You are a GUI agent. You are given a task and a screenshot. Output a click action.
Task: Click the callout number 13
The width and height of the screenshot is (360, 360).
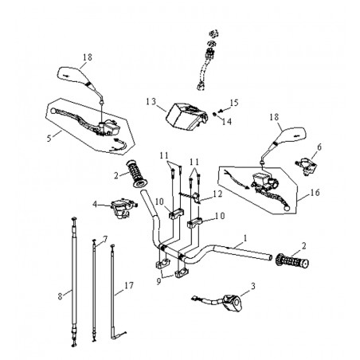pos(151,102)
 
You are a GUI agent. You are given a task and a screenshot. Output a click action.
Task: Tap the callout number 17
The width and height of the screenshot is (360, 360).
pos(129,285)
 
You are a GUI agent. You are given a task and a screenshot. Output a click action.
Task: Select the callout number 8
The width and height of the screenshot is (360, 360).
pos(60,296)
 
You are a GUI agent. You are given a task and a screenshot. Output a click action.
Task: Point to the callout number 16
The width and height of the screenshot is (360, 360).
pos(315,192)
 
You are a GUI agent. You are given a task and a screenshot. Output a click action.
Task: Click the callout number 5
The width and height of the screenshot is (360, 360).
pos(49,139)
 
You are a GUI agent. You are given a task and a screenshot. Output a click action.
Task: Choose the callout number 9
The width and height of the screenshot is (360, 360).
pos(158,281)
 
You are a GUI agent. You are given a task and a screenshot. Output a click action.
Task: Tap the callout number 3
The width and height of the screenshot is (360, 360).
pos(253,286)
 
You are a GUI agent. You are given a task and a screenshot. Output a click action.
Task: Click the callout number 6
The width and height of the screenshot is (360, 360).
pos(319,147)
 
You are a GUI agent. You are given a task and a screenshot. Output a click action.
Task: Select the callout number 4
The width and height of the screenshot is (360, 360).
pos(95,205)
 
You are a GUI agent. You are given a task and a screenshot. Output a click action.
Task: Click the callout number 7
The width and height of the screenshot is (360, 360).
pos(105,239)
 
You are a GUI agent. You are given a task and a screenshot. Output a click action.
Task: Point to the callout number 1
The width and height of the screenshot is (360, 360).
pos(245,238)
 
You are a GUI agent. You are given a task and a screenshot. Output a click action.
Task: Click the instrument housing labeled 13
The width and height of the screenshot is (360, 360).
pos(186,117)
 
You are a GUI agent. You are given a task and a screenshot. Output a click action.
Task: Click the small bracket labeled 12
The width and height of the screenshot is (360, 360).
pos(196,198)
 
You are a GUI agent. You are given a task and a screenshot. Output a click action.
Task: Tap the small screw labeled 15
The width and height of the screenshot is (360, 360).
pos(220,111)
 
